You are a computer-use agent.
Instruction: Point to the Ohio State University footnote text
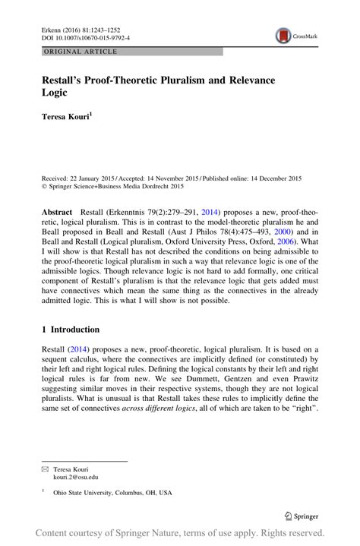pyautogui.click(x=112, y=492)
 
